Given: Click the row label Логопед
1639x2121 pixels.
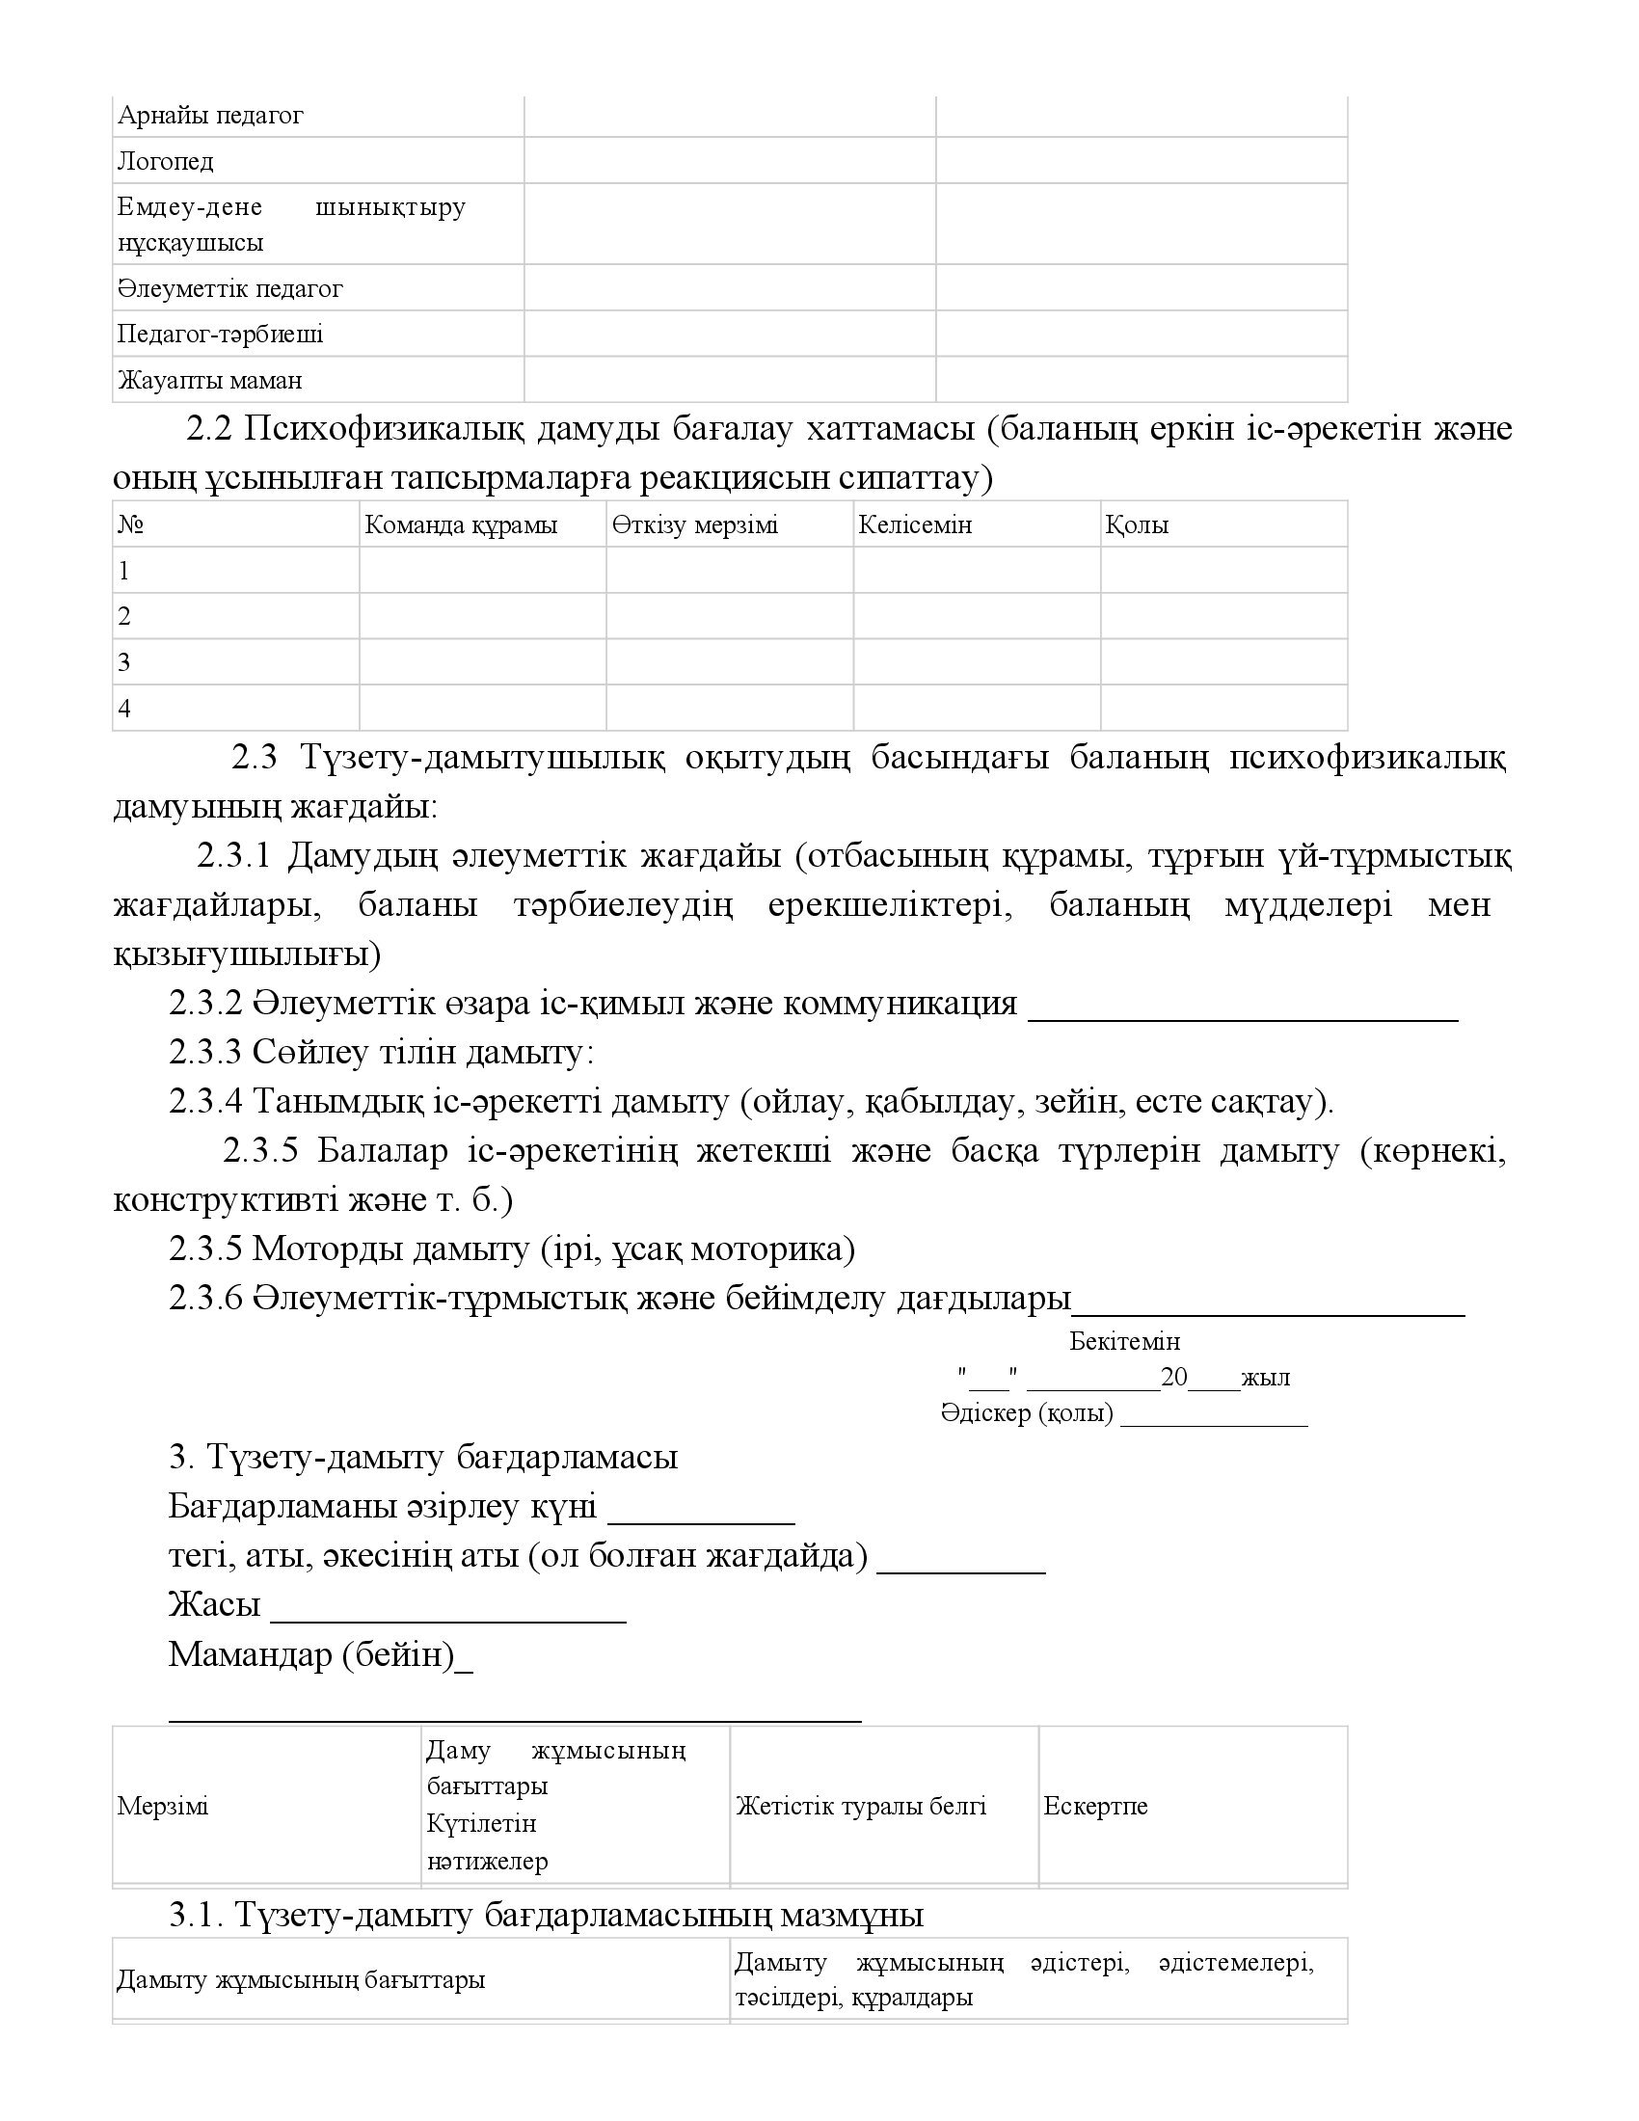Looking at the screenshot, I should point(165,161).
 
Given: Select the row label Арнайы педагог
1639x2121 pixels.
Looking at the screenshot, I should point(210,116).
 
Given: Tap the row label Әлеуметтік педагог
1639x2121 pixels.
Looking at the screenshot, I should point(230,288).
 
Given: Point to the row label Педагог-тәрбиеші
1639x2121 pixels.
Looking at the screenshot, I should point(221,335).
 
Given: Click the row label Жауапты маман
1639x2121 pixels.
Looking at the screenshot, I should point(210,380).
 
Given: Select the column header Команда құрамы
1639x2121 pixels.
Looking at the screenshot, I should point(460,525).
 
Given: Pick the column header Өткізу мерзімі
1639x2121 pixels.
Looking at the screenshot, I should point(694,525).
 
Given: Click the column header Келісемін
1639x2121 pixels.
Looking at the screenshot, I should point(915,525).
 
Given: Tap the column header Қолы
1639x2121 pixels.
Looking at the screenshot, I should point(1136,525).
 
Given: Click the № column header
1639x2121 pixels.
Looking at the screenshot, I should point(131,525).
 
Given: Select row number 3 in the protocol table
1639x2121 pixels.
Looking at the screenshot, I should point(124,662).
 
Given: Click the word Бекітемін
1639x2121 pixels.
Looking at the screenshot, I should point(1124,1341).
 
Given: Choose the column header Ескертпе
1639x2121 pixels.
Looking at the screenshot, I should point(1095,1807).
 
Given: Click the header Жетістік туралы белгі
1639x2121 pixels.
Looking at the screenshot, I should point(860,1807).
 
